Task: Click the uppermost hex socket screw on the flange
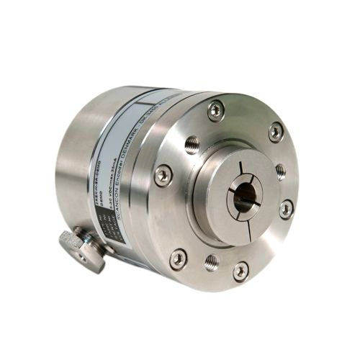pyautogui.click(x=215, y=109)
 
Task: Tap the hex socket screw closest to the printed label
pyautogui.click(x=163, y=174)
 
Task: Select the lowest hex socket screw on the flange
pyautogui.click(x=240, y=270)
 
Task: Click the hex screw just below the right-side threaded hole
pyautogui.click(x=286, y=209)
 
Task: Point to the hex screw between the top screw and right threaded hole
pyautogui.click(x=276, y=132)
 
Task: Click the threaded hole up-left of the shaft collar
pyautogui.click(x=191, y=144)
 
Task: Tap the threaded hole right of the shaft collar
pyautogui.click(x=281, y=171)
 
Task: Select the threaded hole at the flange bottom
pyautogui.click(x=211, y=261)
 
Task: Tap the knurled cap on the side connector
pyautogui.click(x=79, y=248)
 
